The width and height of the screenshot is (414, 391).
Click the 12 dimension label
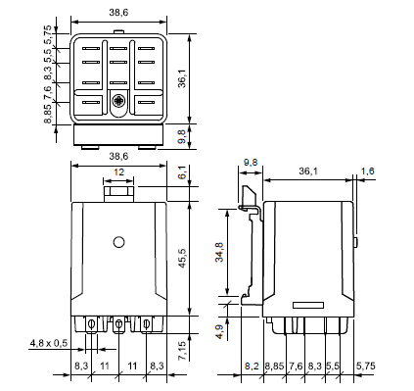118,172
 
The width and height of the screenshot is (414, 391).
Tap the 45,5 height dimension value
183,259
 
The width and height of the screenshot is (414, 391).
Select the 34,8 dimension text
220,252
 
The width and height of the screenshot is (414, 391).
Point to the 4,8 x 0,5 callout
49,343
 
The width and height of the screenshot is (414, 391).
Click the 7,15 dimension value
183,351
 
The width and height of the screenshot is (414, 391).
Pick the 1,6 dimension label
368,171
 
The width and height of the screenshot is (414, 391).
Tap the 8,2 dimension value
252,366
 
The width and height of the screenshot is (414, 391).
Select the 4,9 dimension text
220,331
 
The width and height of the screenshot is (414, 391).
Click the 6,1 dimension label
183,172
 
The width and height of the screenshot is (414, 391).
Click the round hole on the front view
118,242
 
